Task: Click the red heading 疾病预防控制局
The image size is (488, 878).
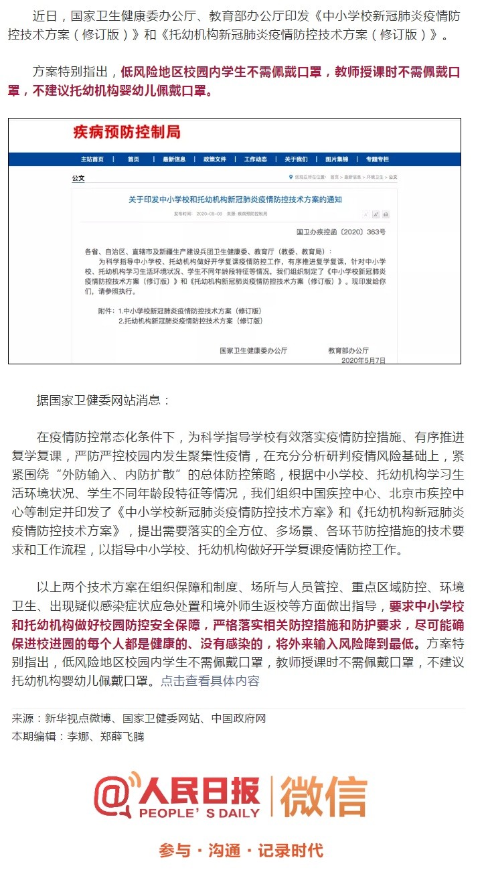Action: click(x=127, y=132)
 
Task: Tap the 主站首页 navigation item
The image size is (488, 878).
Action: click(x=92, y=159)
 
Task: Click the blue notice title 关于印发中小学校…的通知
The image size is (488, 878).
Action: click(x=236, y=200)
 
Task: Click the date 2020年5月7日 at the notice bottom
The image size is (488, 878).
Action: click(x=363, y=360)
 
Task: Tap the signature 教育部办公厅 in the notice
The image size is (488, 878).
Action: click(x=348, y=350)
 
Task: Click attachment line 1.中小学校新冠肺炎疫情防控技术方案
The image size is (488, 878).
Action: click(x=189, y=311)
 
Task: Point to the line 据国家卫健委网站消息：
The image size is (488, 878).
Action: click(x=104, y=400)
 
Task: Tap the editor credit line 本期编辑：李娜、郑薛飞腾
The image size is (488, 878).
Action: click(x=78, y=737)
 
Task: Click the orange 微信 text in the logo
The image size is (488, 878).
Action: click(x=323, y=797)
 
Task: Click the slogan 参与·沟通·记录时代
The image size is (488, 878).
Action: click(x=241, y=851)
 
